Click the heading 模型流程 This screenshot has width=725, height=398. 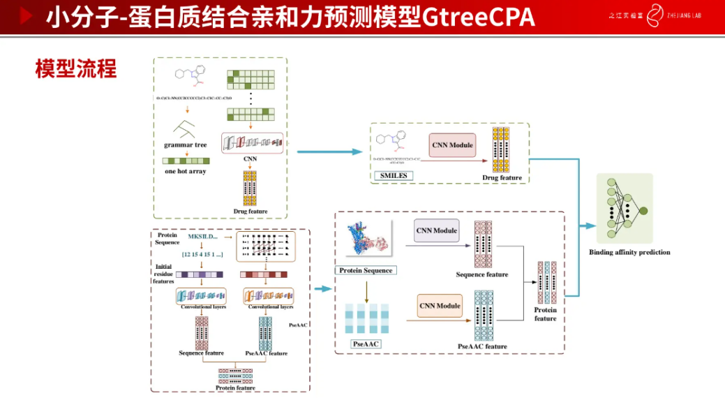[76, 68]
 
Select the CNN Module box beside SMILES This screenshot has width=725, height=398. [452, 145]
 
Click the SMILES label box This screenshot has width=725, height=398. [391, 175]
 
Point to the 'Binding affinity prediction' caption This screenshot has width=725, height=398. [629, 252]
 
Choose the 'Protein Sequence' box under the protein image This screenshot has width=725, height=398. [366, 270]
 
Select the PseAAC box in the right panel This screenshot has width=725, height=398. [366, 344]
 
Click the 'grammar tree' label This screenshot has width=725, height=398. [185, 145]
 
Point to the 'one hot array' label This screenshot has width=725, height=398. [185, 171]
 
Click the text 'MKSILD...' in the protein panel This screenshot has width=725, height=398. [203, 237]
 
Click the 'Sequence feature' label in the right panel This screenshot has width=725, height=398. [481, 274]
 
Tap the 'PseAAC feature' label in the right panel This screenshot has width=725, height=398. [482, 346]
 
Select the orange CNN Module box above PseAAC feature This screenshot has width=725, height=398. [440, 306]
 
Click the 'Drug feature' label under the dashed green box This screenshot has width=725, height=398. [502, 177]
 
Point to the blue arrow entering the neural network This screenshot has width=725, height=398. [588, 226]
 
